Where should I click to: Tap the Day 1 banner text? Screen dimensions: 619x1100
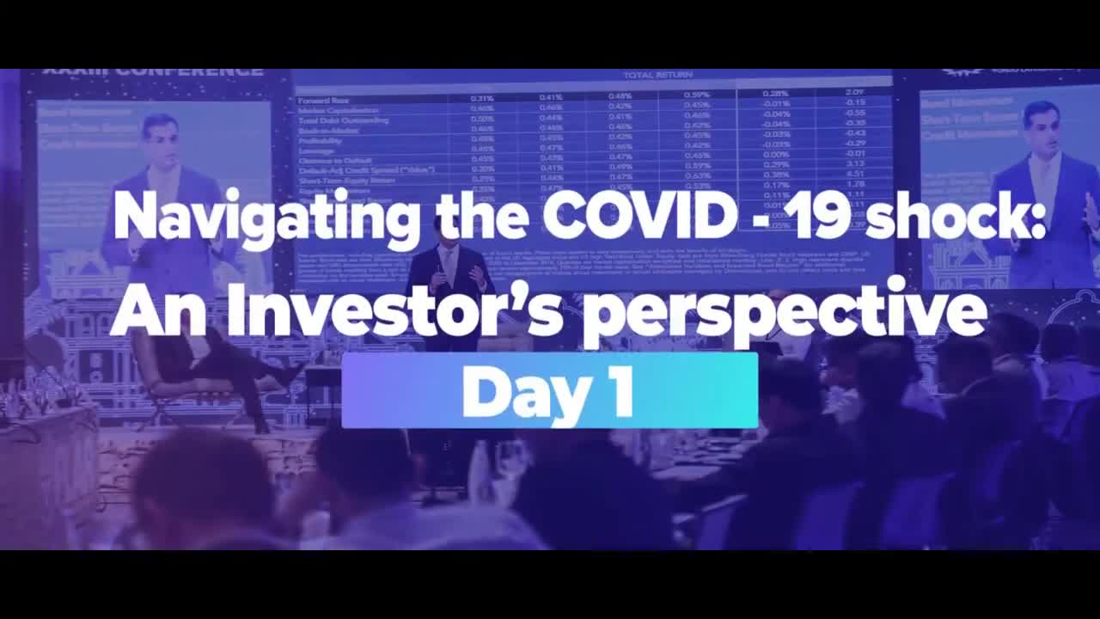coord(548,391)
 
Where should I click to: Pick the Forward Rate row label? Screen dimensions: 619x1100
coord(323,100)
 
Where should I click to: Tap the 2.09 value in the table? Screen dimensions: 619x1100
coord(854,92)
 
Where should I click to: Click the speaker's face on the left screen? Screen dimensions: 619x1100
coord(161,138)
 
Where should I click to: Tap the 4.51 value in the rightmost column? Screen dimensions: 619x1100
coord(854,173)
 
